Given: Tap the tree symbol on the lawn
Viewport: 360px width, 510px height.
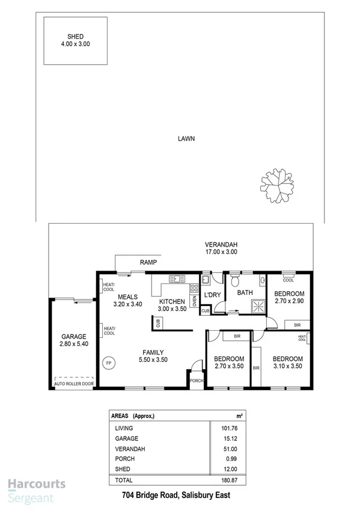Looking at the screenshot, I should coord(278,185).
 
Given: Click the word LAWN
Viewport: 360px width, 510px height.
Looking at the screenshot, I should coord(186,138).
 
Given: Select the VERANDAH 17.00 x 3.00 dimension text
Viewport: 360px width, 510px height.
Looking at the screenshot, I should coord(221,253).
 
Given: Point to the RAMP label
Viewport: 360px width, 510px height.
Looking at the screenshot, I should coord(148,263).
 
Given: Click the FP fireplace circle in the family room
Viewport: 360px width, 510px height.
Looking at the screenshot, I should coord(109,363).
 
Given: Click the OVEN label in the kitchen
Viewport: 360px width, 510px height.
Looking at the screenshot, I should coord(194,300).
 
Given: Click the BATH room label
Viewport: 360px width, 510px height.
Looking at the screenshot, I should coord(245,293).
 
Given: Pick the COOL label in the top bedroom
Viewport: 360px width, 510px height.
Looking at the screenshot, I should coord(288,280).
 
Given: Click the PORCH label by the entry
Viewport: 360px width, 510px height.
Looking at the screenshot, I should coord(196,381).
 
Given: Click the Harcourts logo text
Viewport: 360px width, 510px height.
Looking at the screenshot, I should coord(37,484).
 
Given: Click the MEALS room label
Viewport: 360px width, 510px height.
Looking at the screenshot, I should coord(128,296).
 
